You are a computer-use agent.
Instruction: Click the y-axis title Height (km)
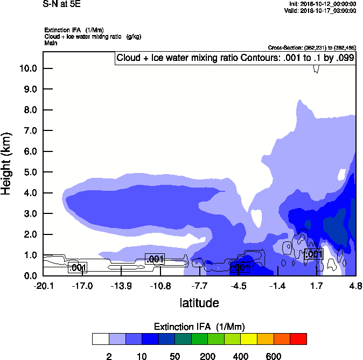click(x=7, y=164)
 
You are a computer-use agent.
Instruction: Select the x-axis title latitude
click(x=199, y=303)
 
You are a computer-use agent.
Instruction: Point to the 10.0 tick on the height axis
click(x=28, y=68)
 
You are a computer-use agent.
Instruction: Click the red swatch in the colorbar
click(x=298, y=338)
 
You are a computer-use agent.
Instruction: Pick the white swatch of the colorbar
click(x=100, y=338)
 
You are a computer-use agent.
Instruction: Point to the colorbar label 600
click(x=274, y=356)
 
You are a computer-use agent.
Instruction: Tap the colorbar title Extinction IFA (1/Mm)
click(x=199, y=327)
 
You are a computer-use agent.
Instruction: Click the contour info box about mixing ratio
click(x=235, y=58)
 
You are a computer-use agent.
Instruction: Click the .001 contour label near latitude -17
click(x=78, y=268)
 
